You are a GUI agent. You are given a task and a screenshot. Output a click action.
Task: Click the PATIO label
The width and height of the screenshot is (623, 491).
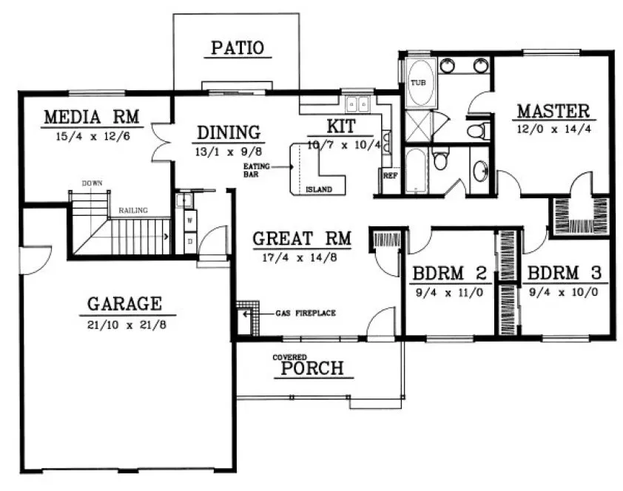237,49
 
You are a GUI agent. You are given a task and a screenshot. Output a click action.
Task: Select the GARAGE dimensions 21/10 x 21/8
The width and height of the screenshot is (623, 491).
124,323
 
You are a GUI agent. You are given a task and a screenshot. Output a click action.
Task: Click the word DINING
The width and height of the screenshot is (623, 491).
229,133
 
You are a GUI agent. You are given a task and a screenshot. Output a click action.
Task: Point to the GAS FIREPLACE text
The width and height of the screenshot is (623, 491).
305,313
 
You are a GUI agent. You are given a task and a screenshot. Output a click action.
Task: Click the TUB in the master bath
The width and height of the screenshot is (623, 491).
419,83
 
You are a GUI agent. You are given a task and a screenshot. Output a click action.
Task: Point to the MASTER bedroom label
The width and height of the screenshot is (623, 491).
553,112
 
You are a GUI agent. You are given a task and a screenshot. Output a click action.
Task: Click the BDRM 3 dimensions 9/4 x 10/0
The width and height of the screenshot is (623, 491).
562,291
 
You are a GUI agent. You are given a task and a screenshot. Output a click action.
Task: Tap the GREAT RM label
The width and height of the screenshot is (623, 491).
300,240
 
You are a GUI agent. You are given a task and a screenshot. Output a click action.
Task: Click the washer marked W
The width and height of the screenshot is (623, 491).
189,220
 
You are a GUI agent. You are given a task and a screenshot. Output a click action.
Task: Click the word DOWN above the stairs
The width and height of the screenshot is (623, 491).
92,183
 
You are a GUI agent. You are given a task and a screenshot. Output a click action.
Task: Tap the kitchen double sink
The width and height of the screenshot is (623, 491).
358,104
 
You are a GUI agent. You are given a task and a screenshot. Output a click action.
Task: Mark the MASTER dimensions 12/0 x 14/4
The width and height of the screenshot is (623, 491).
553,127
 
